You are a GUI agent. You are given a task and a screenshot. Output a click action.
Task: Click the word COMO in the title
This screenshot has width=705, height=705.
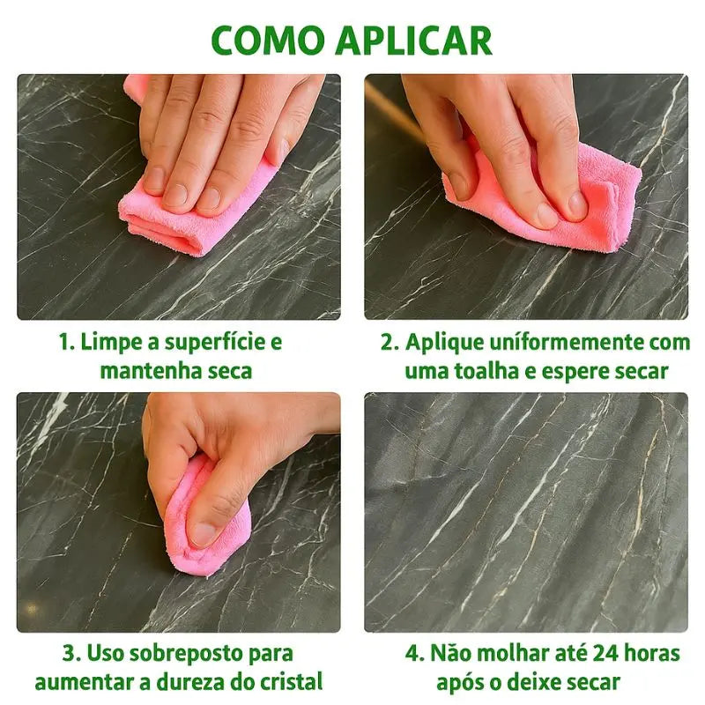pos(268,41)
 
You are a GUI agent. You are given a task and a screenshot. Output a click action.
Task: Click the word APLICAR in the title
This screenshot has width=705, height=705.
pos(414,41)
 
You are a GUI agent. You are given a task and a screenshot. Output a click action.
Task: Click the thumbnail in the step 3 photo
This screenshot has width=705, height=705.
pos(204,534)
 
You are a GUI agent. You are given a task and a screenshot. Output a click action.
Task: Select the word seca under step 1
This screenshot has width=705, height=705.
pos(230,371)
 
